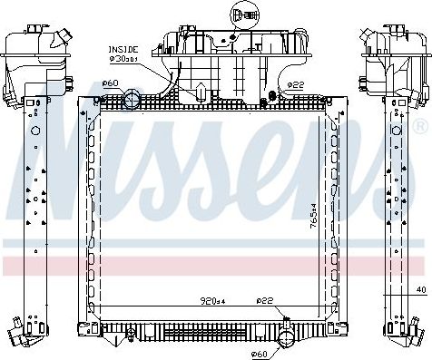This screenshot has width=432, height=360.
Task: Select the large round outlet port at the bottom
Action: pos(286,339)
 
